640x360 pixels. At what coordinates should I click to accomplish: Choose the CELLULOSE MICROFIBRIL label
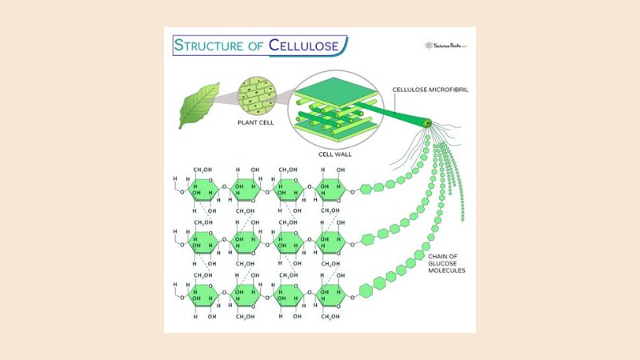429,89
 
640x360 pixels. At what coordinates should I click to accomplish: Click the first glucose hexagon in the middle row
202,240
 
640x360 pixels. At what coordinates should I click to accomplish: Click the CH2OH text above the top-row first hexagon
202,170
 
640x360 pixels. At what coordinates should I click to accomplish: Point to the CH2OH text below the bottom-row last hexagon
330,316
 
